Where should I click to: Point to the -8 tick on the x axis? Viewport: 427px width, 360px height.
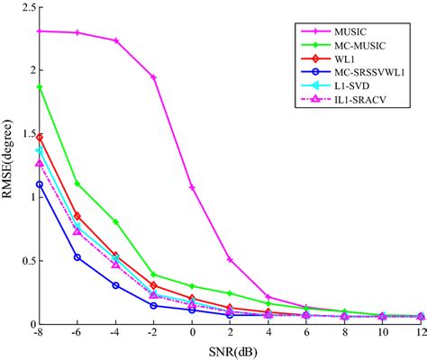click(39, 334)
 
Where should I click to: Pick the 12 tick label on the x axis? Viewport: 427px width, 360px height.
click(421, 334)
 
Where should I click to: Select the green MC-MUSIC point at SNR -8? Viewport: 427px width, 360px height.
click(40, 87)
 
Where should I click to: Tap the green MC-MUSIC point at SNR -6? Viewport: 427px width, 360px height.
click(77, 184)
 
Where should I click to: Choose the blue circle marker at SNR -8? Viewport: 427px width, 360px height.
click(40, 184)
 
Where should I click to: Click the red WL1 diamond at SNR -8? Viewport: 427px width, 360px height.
click(40, 137)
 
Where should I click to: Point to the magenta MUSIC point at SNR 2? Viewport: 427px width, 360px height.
click(231, 259)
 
